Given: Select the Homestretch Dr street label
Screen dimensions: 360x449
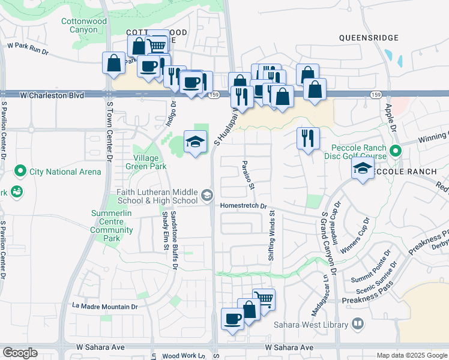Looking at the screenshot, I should (243, 205).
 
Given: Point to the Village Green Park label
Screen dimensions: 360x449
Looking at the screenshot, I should (142, 163).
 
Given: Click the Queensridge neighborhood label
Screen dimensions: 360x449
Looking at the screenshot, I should (369, 38).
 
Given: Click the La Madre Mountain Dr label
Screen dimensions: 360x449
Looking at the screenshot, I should (105, 306).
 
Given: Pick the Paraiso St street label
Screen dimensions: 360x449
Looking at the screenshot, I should (247, 175).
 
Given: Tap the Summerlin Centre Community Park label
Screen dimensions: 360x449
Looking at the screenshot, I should (112, 226).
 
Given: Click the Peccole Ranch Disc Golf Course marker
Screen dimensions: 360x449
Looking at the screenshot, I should (395, 151).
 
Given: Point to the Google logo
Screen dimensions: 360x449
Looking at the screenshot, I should (20, 353).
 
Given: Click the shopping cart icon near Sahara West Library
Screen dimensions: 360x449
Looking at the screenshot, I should (264, 299).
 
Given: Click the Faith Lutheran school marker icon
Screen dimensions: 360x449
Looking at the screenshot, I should (207, 194).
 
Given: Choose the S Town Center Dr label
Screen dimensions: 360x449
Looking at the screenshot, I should (109, 131).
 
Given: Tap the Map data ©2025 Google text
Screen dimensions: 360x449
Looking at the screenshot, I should (411, 355).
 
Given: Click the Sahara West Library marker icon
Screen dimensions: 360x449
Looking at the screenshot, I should (358, 324).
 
